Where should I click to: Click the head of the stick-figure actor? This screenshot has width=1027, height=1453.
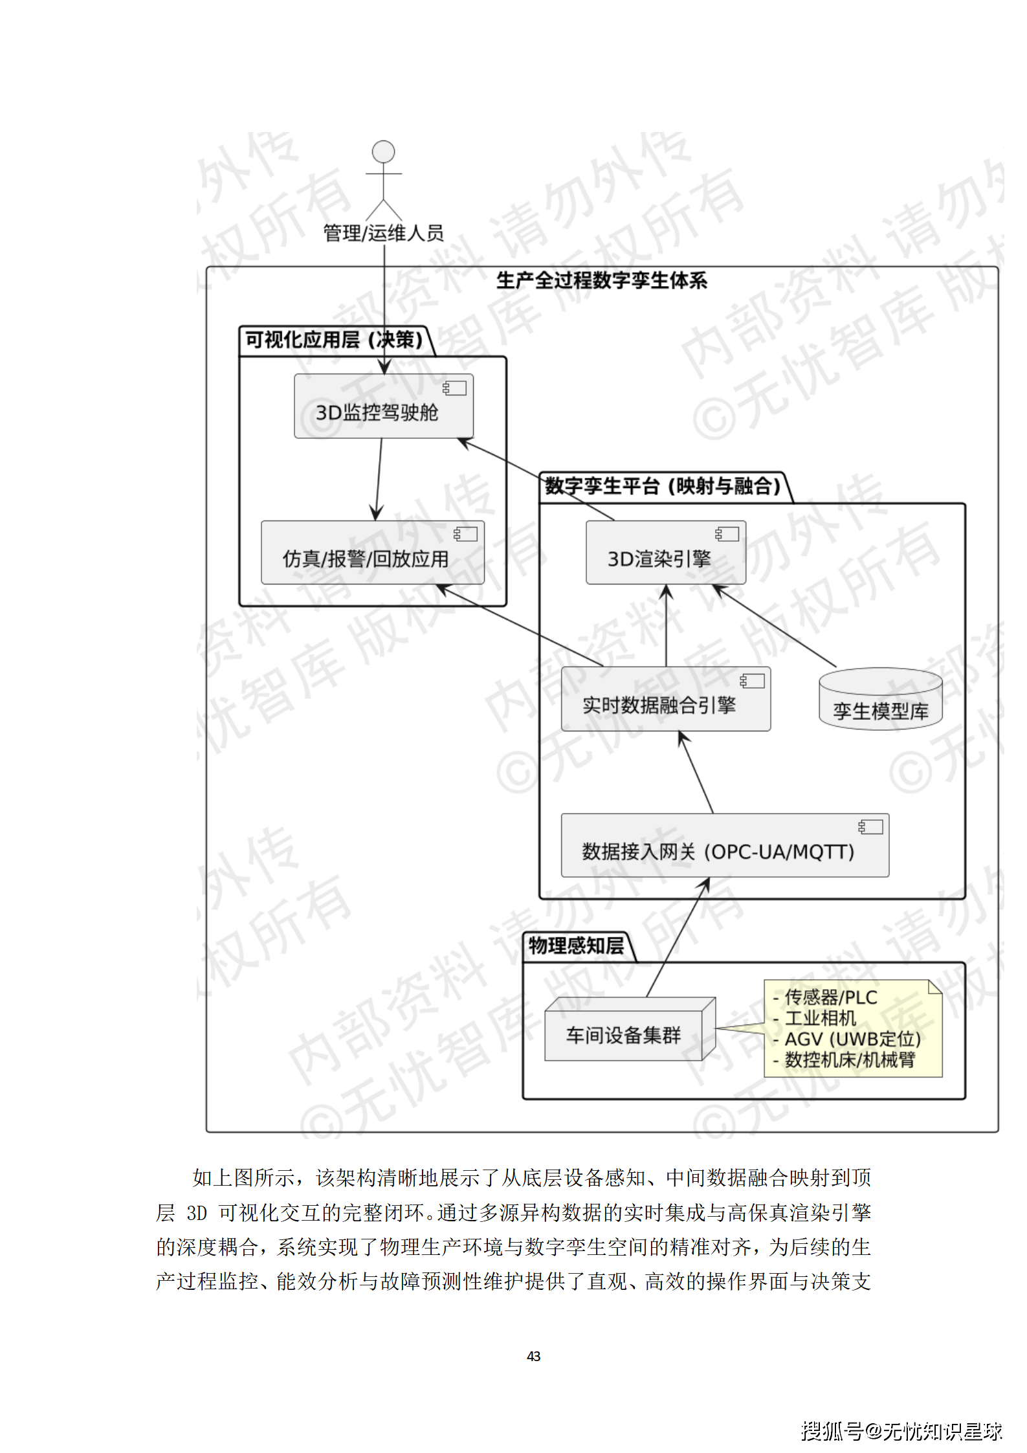[x=383, y=151]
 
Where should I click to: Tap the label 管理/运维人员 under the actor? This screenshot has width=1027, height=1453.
[x=383, y=233]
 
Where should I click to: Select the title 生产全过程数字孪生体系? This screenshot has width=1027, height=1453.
[x=601, y=281]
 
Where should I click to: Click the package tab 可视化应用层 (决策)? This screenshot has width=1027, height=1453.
[x=334, y=340]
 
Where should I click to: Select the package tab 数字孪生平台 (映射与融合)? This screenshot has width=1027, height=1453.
[x=663, y=486]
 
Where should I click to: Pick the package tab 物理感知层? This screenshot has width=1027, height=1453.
[x=577, y=946]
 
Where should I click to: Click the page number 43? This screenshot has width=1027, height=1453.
[x=534, y=1356]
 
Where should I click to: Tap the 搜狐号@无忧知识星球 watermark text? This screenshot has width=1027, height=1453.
[x=901, y=1431]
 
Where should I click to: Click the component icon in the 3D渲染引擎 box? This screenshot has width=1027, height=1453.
[x=727, y=534]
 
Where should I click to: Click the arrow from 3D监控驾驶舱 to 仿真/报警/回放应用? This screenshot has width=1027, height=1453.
[x=379, y=479]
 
